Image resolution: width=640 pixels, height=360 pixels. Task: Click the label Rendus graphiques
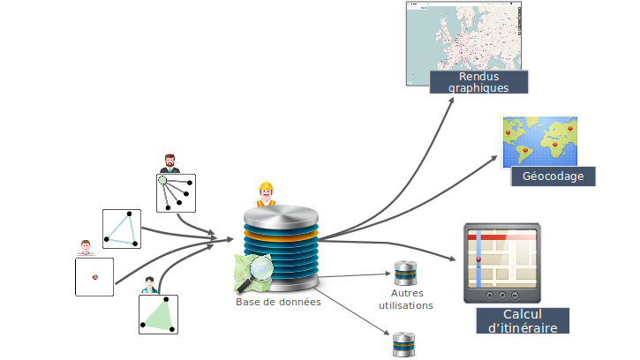[x=478, y=82]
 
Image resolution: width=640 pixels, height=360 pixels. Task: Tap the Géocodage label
[x=553, y=176]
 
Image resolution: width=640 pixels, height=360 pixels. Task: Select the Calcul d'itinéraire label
[x=523, y=320]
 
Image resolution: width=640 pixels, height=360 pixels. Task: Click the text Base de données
[x=278, y=302]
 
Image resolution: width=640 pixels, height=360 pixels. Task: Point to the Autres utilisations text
[x=405, y=299]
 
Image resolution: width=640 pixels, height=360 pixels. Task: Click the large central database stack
[x=280, y=243]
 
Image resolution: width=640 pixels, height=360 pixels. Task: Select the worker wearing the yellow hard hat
[x=266, y=193]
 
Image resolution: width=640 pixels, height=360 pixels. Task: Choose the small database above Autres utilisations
[x=405, y=273]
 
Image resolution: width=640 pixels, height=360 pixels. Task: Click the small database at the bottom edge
[x=403, y=344]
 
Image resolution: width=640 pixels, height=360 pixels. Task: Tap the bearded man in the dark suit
[x=169, y=163]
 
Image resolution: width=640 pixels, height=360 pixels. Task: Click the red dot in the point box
[x=94, y=277]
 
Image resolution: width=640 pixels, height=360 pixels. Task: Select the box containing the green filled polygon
[x=158, y=314]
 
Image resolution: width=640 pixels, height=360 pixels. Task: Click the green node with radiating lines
[x=162, y=181]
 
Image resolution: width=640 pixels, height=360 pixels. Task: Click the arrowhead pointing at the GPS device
[x=456, y=259]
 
